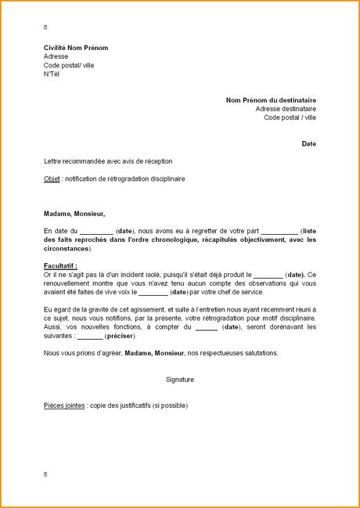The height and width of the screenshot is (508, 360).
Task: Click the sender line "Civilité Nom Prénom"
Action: pos(76,48)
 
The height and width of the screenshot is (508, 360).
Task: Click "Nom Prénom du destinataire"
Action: pos(271,100)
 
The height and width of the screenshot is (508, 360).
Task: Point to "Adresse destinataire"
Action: pos(286,109)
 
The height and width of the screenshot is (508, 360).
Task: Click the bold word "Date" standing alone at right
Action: pos(309,144)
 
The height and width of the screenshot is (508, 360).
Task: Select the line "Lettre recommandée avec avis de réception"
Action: pos(108,161)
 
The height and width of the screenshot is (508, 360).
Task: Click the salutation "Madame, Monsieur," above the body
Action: pos(74,213)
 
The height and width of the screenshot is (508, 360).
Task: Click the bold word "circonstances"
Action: pos(67,249)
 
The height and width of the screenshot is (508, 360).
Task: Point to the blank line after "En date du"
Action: pos(96,232)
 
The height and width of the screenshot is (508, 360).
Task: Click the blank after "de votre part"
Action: pos(279,232)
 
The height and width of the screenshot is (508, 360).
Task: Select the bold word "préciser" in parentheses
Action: pos(118,336)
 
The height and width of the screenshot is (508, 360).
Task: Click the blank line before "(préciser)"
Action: pos(90,337)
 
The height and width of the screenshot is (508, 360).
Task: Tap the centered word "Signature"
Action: pos(180,380)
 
